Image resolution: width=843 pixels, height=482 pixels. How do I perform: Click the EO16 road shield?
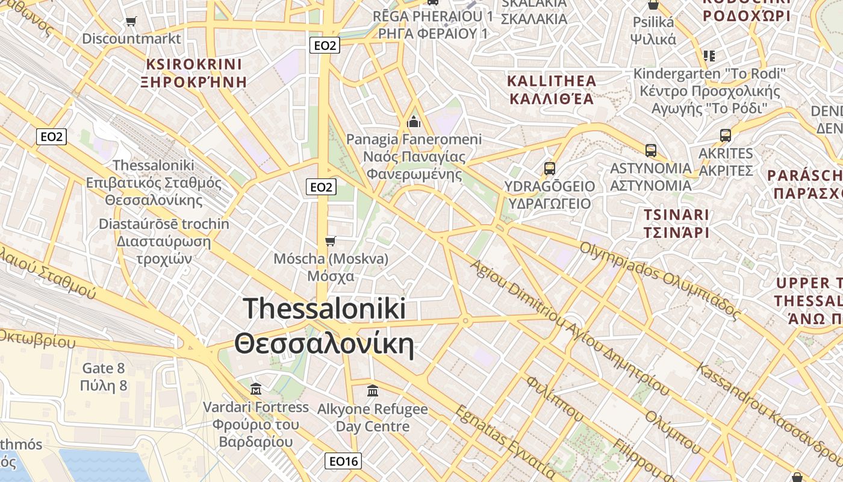tap(343, 462)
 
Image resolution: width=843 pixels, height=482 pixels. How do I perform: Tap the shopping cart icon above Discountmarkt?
tap(131, 22)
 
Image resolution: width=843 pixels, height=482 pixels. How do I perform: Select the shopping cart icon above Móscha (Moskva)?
tap(330, 242)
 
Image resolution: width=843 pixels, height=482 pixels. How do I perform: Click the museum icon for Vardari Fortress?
tap(256, 389)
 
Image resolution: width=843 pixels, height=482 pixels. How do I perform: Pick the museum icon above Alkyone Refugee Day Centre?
tap(372, 390)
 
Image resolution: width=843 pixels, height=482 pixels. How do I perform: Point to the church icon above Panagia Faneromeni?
tap(414, 122)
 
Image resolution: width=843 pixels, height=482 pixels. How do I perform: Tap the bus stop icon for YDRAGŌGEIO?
tap(549, 169)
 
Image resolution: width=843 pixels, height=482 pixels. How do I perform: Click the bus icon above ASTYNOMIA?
tap(650, 151)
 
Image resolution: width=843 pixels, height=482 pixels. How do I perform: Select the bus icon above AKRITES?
tap(726, 136)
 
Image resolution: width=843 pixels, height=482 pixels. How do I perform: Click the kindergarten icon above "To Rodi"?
tap(709, 56)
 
